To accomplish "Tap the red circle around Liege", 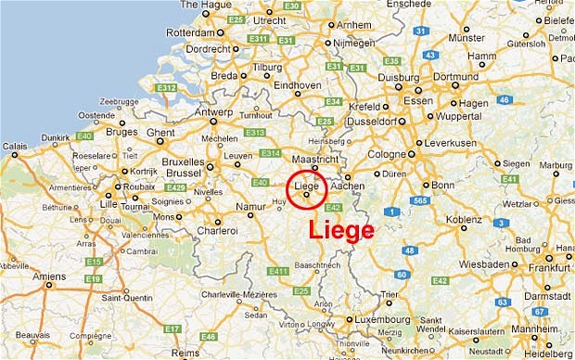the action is pos(306,189).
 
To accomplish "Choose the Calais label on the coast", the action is pos(15,145).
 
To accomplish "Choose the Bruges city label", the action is pos(121,133).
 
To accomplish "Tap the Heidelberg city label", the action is pos(547,354).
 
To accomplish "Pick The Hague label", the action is pos(207,5).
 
